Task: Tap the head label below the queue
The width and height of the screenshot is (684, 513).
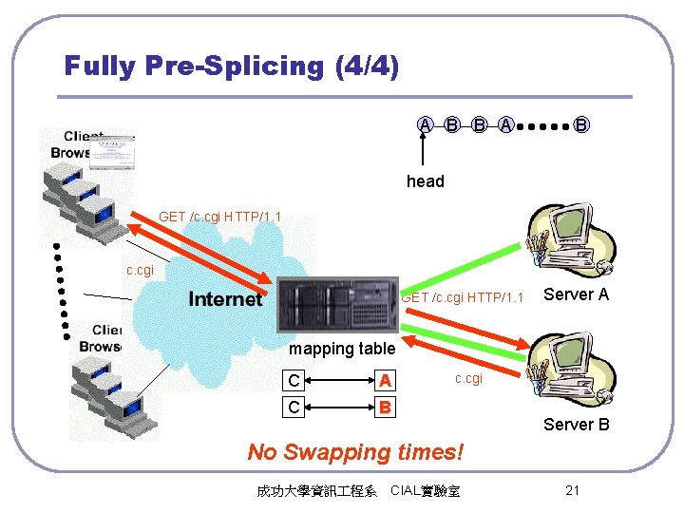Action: pyautogui.click(x=425, y=181)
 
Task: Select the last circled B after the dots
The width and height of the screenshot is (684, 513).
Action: pyautogui.click(x=581, y=123)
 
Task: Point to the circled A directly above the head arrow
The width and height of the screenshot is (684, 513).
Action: pyautogui.click(x=426, y=123)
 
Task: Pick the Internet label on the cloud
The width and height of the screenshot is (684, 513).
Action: pyautogui.click(x=225, y=299)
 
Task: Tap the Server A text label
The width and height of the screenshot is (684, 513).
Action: pyautogui.click(x=576, y=294)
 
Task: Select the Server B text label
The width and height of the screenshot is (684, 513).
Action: pyautogui.click(x=576, y=425)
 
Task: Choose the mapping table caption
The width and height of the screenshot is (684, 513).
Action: pyautogui.click(x=341, y=349)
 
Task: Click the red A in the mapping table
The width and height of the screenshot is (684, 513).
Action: pyautogui.click(x=385, y=381)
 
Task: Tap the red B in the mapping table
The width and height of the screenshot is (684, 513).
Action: pyautogui.click(x=385, y=408)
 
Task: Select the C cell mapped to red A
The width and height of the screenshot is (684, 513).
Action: pyautogui.click(x=294, y=381)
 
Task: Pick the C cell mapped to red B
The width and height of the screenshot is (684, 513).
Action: pyautogui.click(x=294, y=408)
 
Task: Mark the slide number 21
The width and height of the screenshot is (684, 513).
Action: pyautogui.click(x=572, y=490)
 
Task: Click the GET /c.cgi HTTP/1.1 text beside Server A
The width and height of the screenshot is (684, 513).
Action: pyautogui.click(x=463, y=298)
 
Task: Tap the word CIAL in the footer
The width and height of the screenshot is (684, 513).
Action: pyautogui.click(x=408, y=490)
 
